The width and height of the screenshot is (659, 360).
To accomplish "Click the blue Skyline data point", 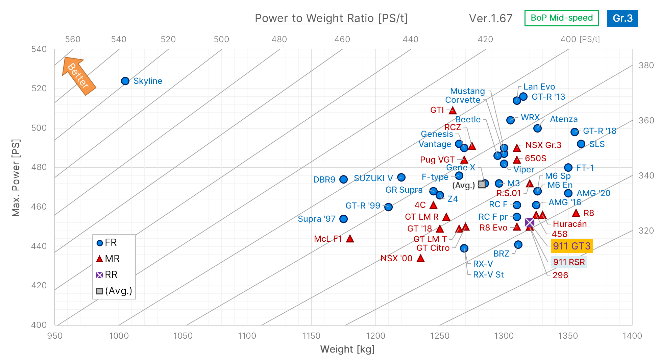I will (125, 81).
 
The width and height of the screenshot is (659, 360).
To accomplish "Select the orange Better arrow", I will (79, 76).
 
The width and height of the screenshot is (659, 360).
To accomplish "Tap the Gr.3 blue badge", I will (622, 18).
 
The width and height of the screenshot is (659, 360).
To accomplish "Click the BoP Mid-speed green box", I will (561, 18).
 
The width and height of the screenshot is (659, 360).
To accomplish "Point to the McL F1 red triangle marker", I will (350, 239).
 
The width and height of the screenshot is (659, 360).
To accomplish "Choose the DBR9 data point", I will (343, 179).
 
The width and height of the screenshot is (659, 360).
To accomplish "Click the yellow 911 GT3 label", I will (572, 246).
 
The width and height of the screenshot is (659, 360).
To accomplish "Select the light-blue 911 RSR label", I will (569, 262).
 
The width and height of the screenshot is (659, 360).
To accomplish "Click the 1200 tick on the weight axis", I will (375, 336).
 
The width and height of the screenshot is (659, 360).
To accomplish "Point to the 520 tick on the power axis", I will (39, 89).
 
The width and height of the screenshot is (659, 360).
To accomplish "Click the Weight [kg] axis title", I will (347, 349).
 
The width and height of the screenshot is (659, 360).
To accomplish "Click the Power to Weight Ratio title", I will (331, 18).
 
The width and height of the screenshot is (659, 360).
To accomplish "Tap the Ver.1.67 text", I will (490, 18).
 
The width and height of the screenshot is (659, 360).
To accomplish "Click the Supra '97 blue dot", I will (343, 219).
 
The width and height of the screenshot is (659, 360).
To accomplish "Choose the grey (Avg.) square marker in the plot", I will (482, 185).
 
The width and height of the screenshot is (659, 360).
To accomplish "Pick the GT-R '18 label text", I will (600, 131).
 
